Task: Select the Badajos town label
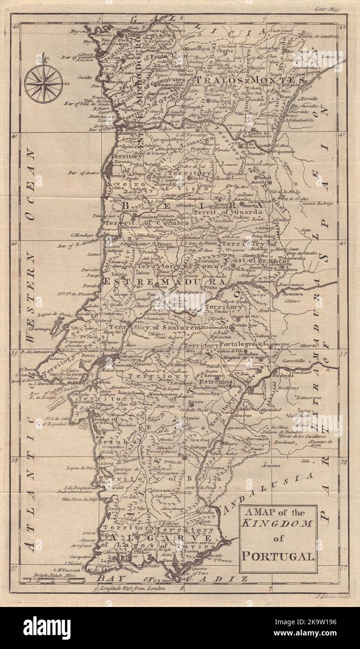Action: pyautogui.click(x=285, y=374)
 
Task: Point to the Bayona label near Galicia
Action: pyautogui.click(x=79, y=31)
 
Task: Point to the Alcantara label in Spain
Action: pyautogui.click(x=296, y=295)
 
